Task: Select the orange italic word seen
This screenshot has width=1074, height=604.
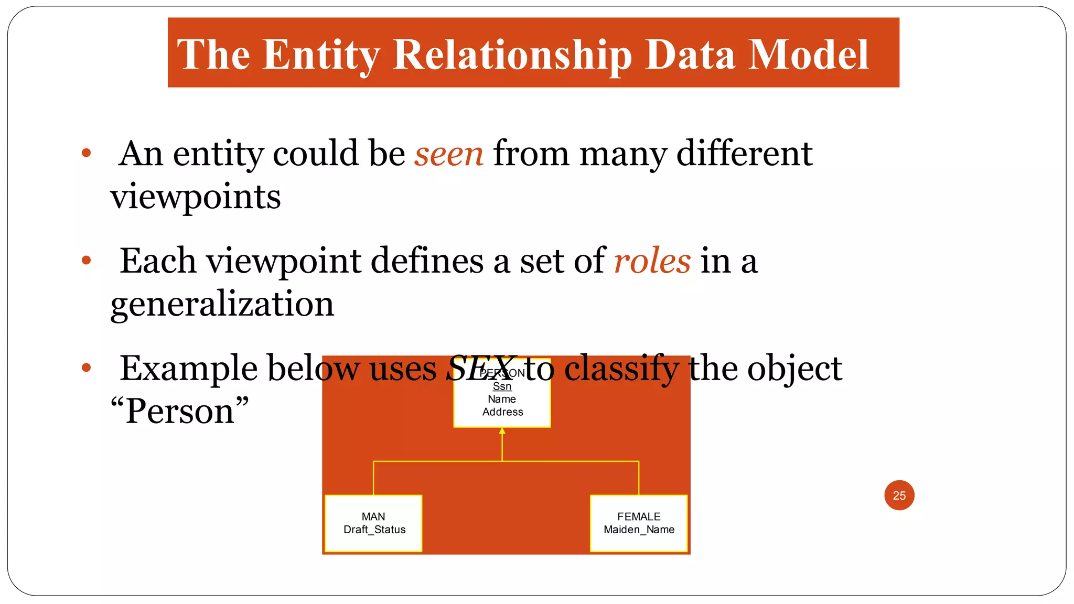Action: (x=449, y=154)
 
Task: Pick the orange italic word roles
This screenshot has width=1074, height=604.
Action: (x=652, y=261)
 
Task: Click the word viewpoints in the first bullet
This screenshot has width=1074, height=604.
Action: (x=196, y=197)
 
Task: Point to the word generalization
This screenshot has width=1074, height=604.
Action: (x=222, y=304)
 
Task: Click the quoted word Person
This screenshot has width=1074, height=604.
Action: (x=179, y=411)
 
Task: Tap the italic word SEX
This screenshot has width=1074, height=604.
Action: (x=479, y=368)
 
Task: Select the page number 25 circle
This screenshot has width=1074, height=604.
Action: (x=899, y=495)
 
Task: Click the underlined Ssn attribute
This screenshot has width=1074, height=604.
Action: (x=502, y=386)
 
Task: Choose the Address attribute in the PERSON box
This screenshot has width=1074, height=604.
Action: (x=502, y=412)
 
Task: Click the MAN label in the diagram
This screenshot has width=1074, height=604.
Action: (x=373, y=516)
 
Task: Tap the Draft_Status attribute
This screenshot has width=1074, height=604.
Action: (x=374, y=530)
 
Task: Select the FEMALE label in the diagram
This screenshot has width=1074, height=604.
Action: (x=639, y=516)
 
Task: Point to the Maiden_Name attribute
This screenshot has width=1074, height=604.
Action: (x=639, y=530)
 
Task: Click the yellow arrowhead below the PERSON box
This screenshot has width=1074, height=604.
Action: (x=502, y=431)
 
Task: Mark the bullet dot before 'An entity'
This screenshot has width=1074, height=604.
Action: (x=87, y=153)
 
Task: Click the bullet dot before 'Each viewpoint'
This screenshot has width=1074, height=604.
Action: (x=87, y=260)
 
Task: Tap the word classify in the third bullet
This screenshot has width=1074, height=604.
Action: (x=621, y=368)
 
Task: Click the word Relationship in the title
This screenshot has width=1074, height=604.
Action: (x=512, y=55)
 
